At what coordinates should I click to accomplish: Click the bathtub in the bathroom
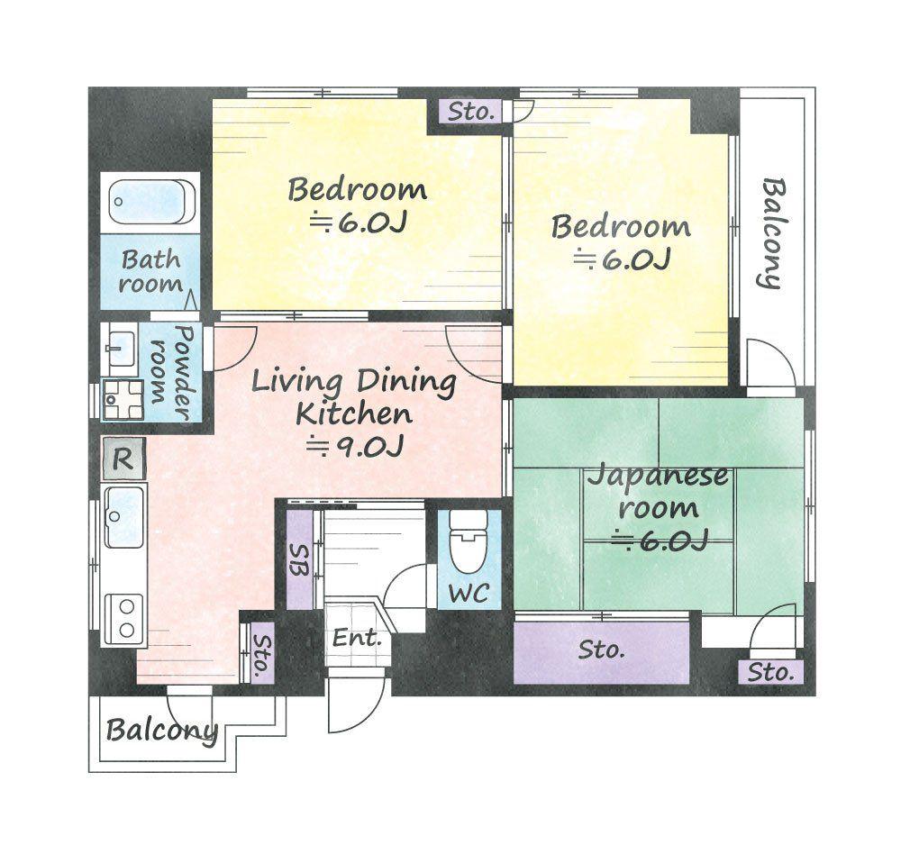[151, 203]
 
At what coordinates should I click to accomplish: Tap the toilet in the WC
[469, 541]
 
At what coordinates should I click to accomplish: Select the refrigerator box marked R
[123, 459]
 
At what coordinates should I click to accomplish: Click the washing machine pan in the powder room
[123, 399]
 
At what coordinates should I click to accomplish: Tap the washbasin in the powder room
[122, 347]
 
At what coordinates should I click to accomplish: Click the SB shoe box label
[300, 560]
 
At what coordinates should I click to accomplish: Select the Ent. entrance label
[357, 637]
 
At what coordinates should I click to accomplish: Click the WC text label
[469, 593]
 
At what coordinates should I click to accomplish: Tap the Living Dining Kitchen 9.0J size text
[355, 446]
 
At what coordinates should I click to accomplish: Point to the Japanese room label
[658, 492]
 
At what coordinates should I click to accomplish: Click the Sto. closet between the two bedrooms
[471, 112]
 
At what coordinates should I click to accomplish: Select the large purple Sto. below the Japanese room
[601, 652]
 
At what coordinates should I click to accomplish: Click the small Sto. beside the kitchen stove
[261, 654]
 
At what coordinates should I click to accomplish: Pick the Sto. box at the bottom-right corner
[770, 672]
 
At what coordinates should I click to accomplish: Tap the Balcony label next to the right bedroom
[773, 232]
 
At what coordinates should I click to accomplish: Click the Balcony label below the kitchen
[162, 731]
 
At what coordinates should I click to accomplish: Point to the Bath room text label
[151, 272]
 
